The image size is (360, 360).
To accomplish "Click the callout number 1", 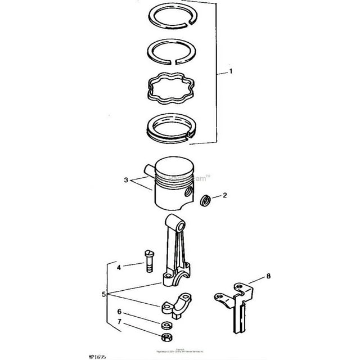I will (230, 72).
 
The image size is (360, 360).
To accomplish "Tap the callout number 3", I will (127, 181).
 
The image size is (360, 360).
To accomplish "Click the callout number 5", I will (103, 294).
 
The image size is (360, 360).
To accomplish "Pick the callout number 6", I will (119, 312).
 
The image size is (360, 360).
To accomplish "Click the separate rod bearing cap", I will (175, 304).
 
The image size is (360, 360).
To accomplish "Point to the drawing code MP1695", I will (17, 357).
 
